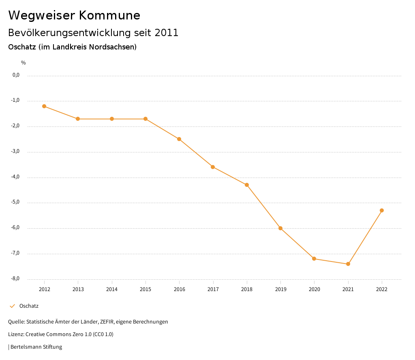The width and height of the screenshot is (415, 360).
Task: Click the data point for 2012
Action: (x=44, y=106)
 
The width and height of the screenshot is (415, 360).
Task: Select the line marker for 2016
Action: (x=179, y=139)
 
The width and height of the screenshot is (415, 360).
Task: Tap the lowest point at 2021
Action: (x=348, y=264)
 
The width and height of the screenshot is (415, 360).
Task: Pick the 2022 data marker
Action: (x=382, y=210)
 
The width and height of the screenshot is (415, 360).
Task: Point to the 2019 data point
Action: (x=280, y=228)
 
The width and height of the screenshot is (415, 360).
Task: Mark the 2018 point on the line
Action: (x=247, y=185)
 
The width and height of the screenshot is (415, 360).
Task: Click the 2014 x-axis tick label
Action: (x=112, y=289)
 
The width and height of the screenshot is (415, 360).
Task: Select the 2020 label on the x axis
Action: (x=314, y=289)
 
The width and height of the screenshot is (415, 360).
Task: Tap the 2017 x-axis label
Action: (x=213, y=289)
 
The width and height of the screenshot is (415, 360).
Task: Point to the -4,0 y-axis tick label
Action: (x=16, y=177)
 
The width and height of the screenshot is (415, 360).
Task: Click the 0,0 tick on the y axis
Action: (x=16, y=75)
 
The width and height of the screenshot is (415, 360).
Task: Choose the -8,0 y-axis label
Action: (x=16, y=279)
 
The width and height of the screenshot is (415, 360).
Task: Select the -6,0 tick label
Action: (x=16, y=228)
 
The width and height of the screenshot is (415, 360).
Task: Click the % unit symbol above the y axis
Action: (x=24, y=63)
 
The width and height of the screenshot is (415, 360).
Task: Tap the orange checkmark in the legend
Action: (x=12, y=306)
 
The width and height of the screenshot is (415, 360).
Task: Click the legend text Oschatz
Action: (x=29, y=306)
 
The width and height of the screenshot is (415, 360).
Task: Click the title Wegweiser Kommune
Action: (x=74, y=15)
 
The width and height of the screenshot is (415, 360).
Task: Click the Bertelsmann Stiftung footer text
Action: (x=36, y=347)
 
